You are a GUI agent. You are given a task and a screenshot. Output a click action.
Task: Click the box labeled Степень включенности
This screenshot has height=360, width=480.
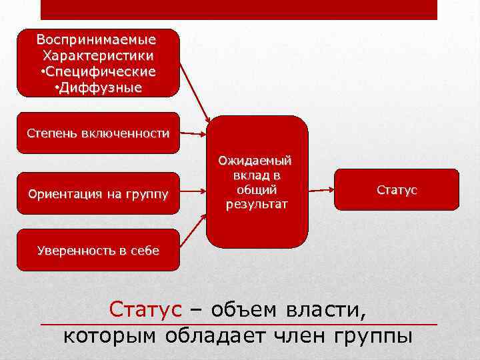(98, 133)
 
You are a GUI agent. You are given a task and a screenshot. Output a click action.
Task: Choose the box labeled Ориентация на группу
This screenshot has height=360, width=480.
(98, 195)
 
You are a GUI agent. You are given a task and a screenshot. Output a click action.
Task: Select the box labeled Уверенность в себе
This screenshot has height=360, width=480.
(98, 251)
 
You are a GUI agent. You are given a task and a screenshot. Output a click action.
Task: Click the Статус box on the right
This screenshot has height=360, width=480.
(397, 191)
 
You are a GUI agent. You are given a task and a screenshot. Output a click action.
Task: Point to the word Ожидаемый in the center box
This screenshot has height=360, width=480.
(257, 161)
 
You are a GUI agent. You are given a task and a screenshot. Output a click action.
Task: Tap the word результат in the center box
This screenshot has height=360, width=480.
(257, 204)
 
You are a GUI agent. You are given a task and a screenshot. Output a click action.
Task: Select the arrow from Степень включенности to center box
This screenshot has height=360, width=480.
(193, 134)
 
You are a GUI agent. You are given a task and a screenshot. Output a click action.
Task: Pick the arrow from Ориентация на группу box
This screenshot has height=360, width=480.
(193, 194)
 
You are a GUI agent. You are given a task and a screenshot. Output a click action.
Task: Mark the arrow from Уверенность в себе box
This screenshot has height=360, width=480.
(193, 233)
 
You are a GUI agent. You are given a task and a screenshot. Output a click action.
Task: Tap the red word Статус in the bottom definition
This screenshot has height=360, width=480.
(145, 309)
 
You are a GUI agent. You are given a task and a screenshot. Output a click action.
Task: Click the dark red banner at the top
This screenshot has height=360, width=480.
(239, 9)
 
